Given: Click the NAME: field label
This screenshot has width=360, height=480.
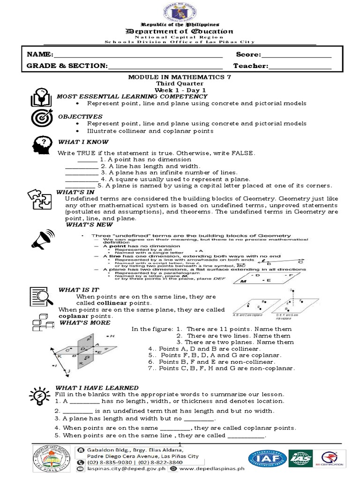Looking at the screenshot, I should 40,55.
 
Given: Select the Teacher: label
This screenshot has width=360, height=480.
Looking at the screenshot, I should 251,66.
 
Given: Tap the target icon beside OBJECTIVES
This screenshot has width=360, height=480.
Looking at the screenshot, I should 39,119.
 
